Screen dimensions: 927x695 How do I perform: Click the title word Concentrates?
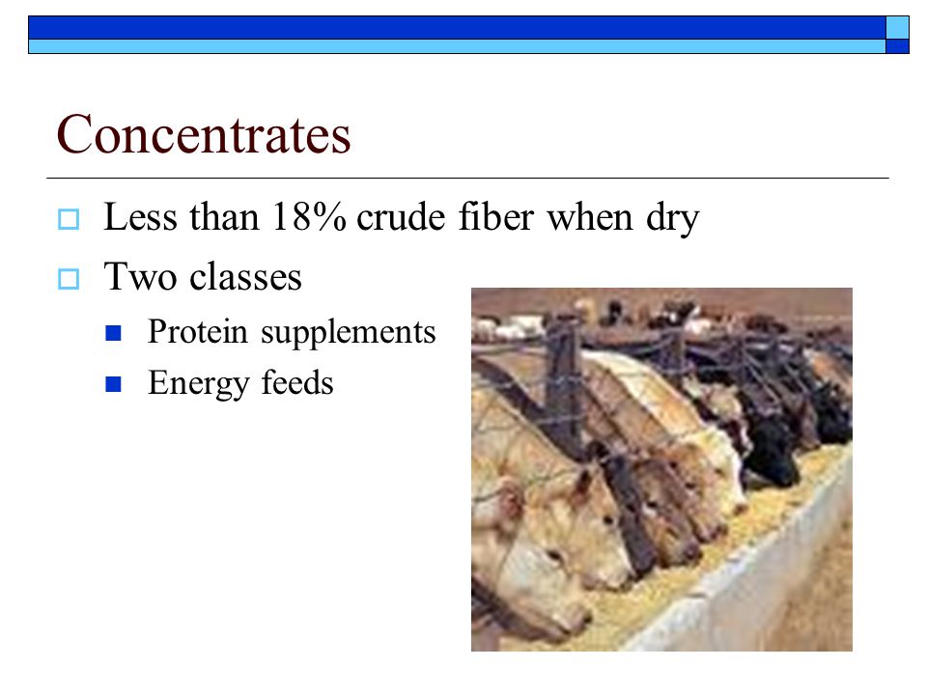pyautogui.click(x=204, y=135)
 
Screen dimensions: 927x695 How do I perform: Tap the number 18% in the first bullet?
pyautogui.click(x=309, y=216)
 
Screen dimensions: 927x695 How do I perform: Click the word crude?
pyautogui.click(x=401, y=216)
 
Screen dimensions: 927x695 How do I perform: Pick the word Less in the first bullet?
pyautogui.click(x=140, y=216)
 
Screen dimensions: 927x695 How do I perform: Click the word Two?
pyautogui.click(x=140, y=276)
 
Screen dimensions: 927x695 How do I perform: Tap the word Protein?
pyautogui.click(x=197, y=331)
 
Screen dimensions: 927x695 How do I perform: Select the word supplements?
pyautogui.click(x=349, y=333)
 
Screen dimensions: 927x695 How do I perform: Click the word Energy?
pyautogui.click(x=198, y=384)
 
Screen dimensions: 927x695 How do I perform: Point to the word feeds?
pyautogui.click(x=297, y=382)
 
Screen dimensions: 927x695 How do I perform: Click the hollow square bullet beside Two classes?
pyautogui.click(x=69, y=279)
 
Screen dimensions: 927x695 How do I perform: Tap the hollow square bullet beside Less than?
pyautogui.click(x=69, y=219)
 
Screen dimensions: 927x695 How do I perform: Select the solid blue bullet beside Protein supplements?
pyautogui.click(x=113, y=333)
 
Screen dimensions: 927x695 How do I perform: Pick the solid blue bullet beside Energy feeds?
pyautogui.click(x=113, y=385)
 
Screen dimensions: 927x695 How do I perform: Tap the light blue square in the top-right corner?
pyautogui.click(x=897, y=27)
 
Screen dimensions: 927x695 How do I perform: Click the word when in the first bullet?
pyautogui.click(x=590, y=216)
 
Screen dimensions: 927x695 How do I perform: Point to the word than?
pyautogui.click(x=225, y=216)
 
